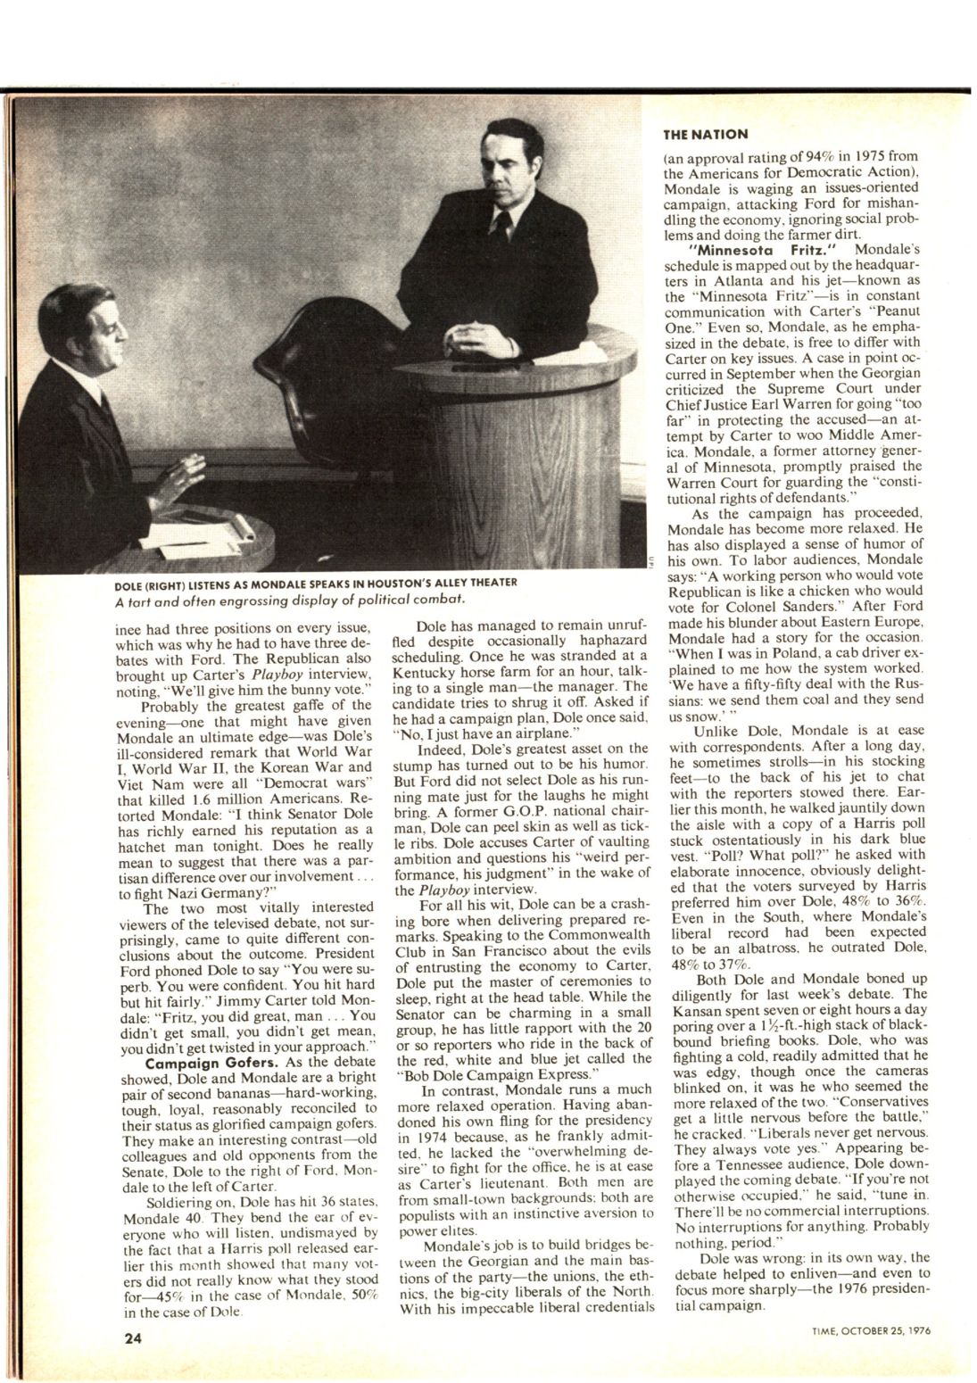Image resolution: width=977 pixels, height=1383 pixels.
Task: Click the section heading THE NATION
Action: (x=706, y=135)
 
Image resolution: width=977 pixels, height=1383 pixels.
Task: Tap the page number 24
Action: (x=136, y=1338)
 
